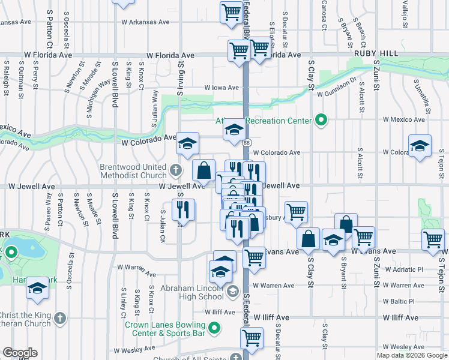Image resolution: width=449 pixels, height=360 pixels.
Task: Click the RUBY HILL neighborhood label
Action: click(x=376, y=53)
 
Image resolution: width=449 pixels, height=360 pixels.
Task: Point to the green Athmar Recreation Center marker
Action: click(x=321, y=121)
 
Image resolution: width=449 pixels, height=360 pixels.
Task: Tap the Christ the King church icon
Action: click(x=59, y=317)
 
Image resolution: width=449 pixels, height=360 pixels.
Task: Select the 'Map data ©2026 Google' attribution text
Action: click(x=412, y=355)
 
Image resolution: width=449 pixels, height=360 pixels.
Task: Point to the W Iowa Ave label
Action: click(x=221, y=88)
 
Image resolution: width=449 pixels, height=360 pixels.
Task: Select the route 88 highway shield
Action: click(x=247, y=142)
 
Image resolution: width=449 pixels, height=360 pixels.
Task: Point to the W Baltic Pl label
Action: click(x=403, y=301)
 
